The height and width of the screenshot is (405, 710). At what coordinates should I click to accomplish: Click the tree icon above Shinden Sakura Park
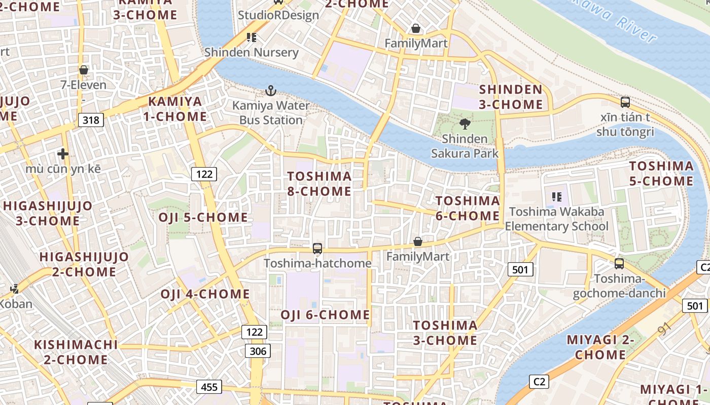pyautogui.click(x=465, y=124)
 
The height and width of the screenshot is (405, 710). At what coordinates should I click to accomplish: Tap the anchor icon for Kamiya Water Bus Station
pyautogui.click(x=271, y=91)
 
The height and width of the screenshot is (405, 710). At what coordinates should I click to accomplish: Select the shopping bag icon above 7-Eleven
pyautogui.click(x=84, y=70)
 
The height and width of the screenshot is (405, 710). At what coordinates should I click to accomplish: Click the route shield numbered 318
pyautogui.click(x=91, y=120)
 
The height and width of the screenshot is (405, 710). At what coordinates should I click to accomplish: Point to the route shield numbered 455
pyautogui.click(x=209, y=387)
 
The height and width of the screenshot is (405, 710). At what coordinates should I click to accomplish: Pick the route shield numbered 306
pyautogui.click(x=258, y=351)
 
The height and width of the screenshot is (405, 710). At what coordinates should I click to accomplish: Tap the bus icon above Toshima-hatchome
pyautogui.click(x=317, y=249)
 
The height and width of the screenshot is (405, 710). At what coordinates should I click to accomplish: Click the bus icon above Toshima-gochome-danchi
pyautogui.click(x=619, y=264)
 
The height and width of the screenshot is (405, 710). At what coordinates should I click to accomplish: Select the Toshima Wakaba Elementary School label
pyautogui.click(x=556, y=219)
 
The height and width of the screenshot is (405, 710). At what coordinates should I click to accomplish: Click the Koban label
pyautogui.click(x=16, y=304)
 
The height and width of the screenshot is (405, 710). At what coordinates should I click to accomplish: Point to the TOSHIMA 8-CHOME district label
pyautogui.click(x=319, y=184)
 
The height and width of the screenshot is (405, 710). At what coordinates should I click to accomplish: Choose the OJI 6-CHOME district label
pyautogui.click(x=325, y=315)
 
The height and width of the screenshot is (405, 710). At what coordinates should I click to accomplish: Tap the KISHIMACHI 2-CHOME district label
pyautogui.click(x=76, y=352)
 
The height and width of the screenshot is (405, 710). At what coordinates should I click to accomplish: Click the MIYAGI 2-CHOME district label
pyautogui.click(x=600, y=347)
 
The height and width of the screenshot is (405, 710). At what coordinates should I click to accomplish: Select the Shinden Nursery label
pyautogui.click(x=251, y=52)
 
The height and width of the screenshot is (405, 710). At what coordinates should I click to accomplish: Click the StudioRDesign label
pyautogui.click(x=278, y=15)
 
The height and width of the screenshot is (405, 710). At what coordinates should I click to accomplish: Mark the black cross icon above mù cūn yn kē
pyautogui.click(x=63, y=154)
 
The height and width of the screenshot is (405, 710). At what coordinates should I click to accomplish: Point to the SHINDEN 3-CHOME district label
pyautogui.click(x=511, y=97)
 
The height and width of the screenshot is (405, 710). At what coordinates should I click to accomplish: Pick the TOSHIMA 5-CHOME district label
pyautogui.click(x=661, y=174)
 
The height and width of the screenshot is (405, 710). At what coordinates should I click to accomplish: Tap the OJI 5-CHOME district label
pyautogui.click(x=203, y=218)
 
